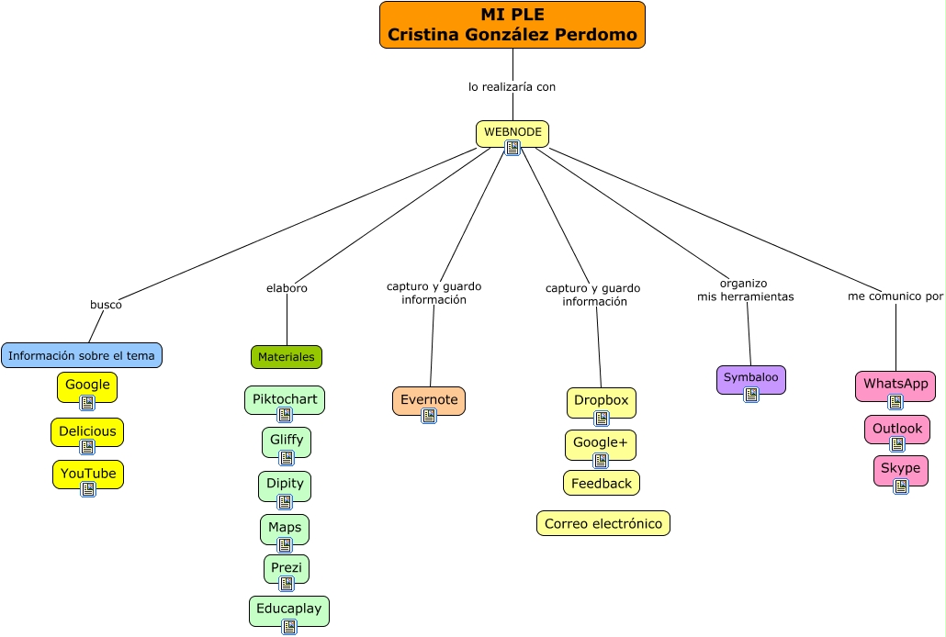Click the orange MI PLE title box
[x=512, y=25]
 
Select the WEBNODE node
[x=512, y=132]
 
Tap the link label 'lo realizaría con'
[x=512, y=87]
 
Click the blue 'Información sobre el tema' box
[x=82, y=355]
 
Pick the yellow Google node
[x=87, y=386]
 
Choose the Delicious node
[x=87, y=431]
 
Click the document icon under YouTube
[x=88, y=489]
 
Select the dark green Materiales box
[x=287, y=357]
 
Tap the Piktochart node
[x=285, y=400]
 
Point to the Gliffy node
[x=287, y=441]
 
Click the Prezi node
[x=287, y=568]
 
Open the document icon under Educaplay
[x=289, y=627]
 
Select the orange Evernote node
[x=429, y=400]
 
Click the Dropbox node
[x=602, y=401]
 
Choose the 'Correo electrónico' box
[x=603, y=523]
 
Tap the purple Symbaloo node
[x=751, y=378]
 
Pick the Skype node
[x=900, y=469]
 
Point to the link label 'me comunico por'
[x=895, y=296]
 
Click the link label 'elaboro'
[x=287, y=288]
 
